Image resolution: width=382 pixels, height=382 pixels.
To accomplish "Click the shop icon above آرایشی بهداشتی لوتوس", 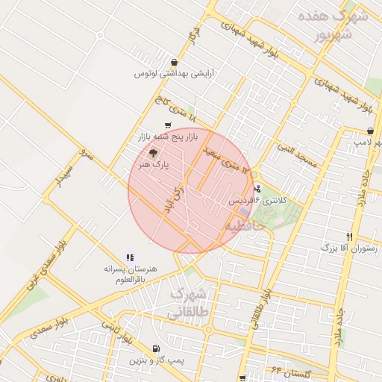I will pyautogui.click(x=175, y=63).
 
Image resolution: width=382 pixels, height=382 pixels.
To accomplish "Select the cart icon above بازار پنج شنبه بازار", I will pyautogui.click(x=166, y=125).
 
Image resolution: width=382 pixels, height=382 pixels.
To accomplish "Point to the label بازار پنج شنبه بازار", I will pyautogui.click(x=168, y=137).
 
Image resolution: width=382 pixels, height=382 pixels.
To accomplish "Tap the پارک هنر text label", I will pyautogui.click(x=155, y=163).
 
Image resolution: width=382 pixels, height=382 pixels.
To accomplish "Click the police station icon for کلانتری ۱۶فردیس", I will pyautogui.click(x=258, y=189).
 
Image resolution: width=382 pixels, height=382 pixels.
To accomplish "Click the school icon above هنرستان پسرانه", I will pyautogui.click(x=131, y=257).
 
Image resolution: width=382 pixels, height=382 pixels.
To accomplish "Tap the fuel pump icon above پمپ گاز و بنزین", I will pyautogui.click(x=155, y=349).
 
